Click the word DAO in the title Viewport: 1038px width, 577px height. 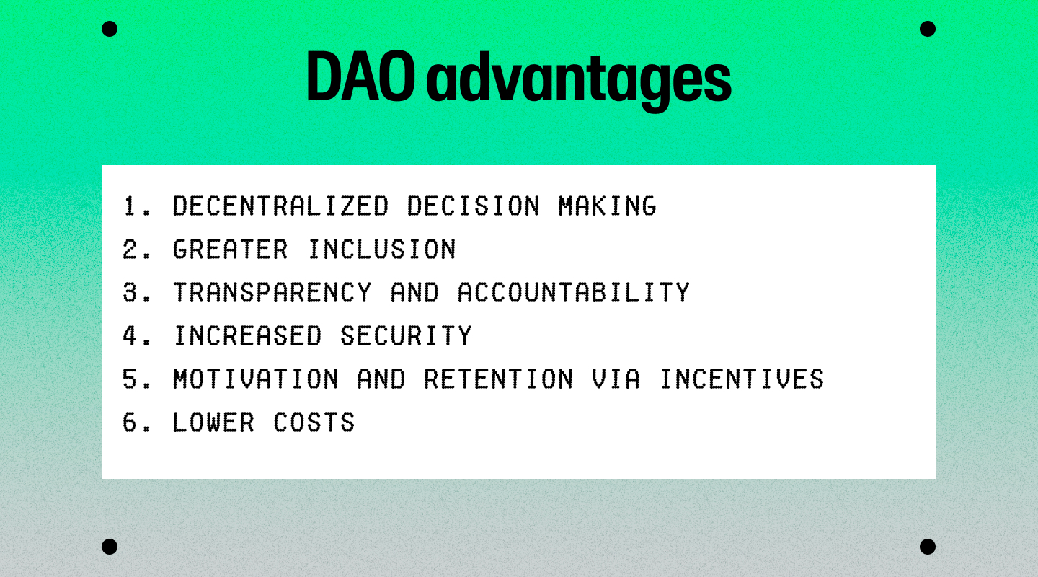click(360, 76)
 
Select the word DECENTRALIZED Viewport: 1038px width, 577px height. click(280, 206)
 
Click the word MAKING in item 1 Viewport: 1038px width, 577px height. click(607, 206)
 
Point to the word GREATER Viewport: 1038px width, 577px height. click(231, 249)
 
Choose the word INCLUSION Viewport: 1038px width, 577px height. click(382, 249)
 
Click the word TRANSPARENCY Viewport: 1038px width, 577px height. click(272, 292)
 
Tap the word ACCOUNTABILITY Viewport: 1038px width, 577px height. click(574, 292)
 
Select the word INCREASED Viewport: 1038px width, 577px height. click(247, 335)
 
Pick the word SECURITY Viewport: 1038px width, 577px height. click(406, 335)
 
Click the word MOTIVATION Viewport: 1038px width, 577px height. click(255, 379)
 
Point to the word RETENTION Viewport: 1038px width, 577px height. click(499, 379)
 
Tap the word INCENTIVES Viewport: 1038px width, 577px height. click(742, 379)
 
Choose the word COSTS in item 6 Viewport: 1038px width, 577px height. click(314, 422)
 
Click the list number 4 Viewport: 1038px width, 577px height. click(130, 335)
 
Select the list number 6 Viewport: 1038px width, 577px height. click(130, 422)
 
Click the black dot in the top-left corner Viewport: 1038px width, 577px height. click(110, 29)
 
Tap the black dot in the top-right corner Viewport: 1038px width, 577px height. click(928, 29)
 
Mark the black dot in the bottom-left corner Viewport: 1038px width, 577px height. click(110, 547)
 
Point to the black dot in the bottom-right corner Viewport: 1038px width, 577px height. click(928, 547)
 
